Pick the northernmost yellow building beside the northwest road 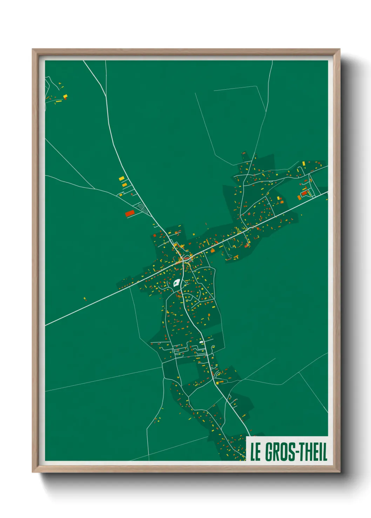(x=122, y=178)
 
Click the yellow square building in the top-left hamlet (x=65, y=96)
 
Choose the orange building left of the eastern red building (x=299, y=198)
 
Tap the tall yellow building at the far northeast (x=304, y=163)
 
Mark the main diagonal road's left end (x=46, y=325)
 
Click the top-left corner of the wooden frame (x=33, y=50)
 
